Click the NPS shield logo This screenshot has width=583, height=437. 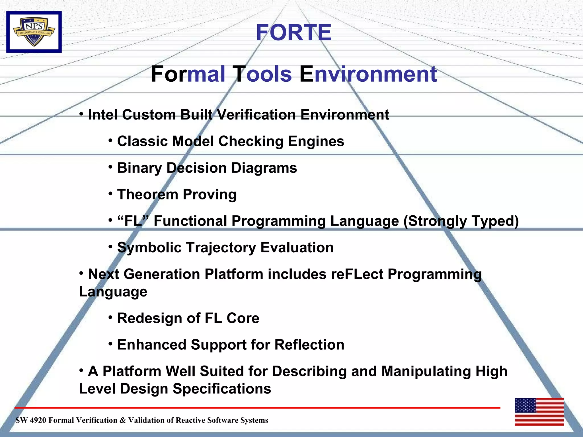34,32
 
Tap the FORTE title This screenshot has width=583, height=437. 293,32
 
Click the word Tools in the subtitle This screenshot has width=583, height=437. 262,74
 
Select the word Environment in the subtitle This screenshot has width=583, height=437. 368,74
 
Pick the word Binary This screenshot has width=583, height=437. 139,168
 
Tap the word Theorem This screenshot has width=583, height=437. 148,195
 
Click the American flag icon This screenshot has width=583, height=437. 539,412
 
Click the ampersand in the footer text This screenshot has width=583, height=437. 122,420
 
